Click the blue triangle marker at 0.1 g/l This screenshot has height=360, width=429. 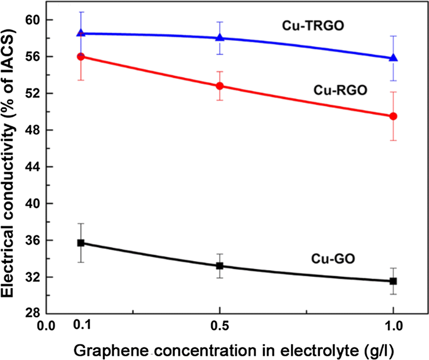pos(81,33)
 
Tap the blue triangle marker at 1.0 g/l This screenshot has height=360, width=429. pos(393,58)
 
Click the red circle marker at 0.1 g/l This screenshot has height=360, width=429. pos(81,56)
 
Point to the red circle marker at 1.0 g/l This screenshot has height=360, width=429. pos(393,116)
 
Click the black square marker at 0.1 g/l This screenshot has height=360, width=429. pos(81,243)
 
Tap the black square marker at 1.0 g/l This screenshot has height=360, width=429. pos(393,281)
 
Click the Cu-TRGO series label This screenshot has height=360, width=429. pos(313,26)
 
